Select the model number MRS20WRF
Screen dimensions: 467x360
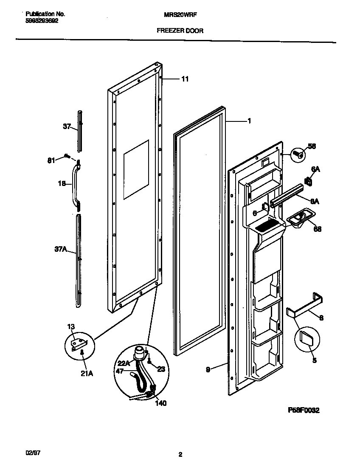(x=180, y=14)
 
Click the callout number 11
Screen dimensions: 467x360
(x=185, y=79)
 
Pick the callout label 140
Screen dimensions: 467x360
(x=160, y=403)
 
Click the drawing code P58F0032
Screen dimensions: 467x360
(x=304, y=410)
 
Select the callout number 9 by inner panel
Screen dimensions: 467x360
(x=208, y=370)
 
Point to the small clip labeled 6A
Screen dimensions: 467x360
(x=309, y=181)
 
